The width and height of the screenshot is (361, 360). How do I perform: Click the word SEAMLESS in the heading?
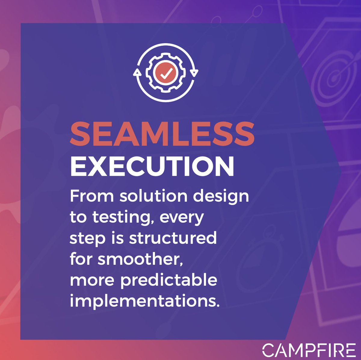click(162, 134)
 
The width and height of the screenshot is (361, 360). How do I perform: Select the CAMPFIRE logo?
click(309, 350)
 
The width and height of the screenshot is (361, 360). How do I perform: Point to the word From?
click(92, 196)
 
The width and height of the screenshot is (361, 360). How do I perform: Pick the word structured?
click(173, 238)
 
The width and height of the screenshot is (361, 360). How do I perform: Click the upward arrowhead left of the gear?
click(137, 72)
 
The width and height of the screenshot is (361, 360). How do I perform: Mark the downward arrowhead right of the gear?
click(195, 72)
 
